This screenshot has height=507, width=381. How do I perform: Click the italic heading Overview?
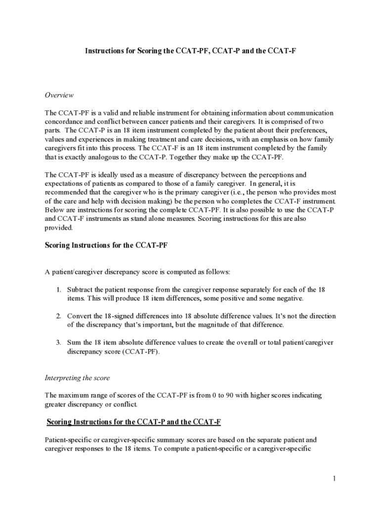(x=59, y=95)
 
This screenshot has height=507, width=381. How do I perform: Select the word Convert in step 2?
(x=79, y=316)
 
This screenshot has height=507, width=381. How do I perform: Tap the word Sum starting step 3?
(x=73, y=343)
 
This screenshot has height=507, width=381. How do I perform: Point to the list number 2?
(x=58, y=316)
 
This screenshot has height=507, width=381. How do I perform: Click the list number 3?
(x=58, y=343)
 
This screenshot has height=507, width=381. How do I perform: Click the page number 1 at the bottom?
(x=334, y=478)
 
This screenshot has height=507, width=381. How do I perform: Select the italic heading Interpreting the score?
(x=77, y=378)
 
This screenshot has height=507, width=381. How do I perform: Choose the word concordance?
(x=64, y=122)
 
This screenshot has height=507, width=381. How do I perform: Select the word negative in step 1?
(x=287, y=298)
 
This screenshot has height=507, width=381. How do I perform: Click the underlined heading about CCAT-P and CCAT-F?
(x=134, y=422)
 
